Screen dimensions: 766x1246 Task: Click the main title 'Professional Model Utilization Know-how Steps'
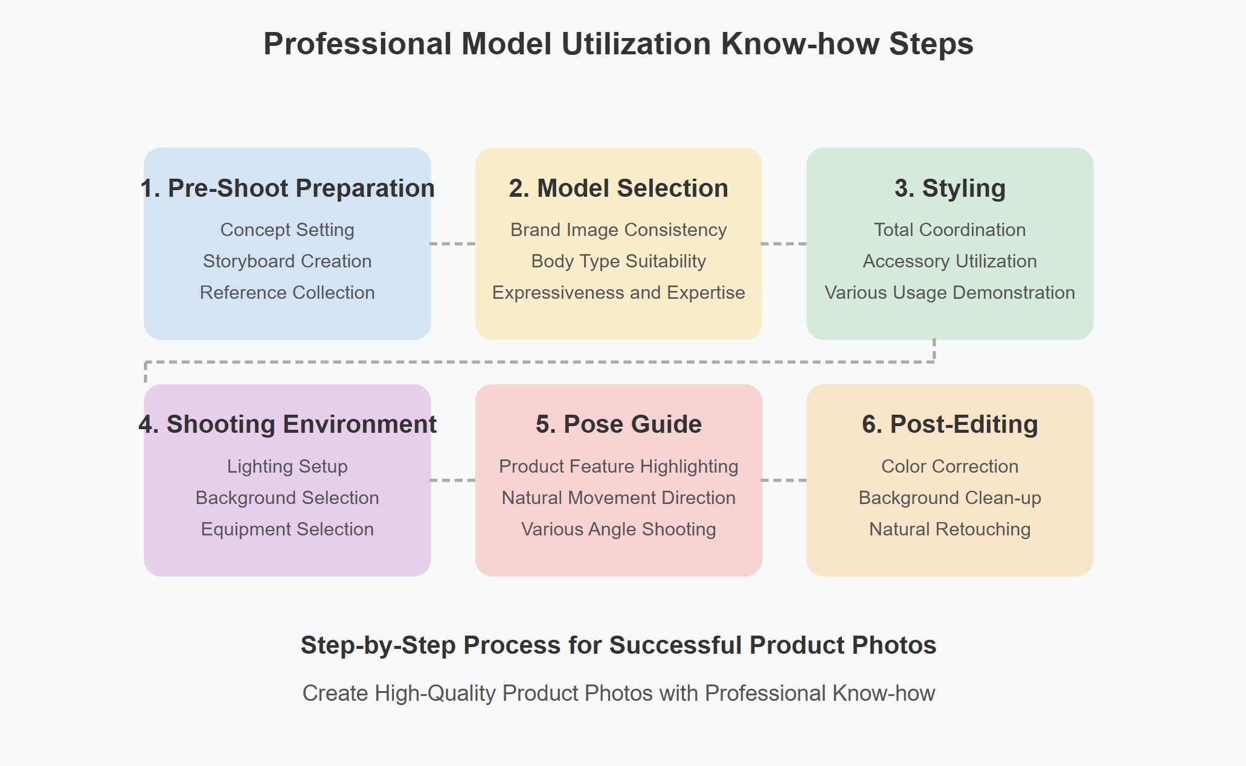coord(618,44)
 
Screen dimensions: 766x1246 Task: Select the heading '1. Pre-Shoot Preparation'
coord(287,188)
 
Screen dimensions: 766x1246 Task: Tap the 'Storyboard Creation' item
coord(287,261)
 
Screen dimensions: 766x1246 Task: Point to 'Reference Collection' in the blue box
coord(287,293)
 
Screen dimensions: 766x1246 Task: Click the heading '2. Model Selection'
coord(618,188)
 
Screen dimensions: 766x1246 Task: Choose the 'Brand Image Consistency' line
coord(618,230)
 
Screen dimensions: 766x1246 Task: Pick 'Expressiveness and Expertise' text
coord(618,293)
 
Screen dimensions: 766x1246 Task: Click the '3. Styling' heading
coord(949,188)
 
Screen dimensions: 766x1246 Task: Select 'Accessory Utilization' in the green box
coord(949,261)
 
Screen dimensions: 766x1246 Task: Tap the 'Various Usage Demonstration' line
coord(949,293)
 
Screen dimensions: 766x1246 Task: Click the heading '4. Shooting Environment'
coord(287,424)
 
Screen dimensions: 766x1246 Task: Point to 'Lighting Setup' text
coord(287,467)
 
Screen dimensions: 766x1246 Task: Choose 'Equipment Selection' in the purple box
coord(287,529)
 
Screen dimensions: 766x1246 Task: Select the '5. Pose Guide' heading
coord(618,424)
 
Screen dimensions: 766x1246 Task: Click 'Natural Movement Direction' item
coord(618,498)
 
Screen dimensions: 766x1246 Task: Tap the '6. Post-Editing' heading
coord(949,424)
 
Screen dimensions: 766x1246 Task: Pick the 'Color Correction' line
coord(949,467)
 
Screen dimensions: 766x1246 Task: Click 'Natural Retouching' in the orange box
coord(949,529)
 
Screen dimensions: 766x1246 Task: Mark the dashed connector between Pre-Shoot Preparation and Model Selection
coord(453,244)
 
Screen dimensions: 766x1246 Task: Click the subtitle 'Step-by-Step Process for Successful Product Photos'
coord(618,645)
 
